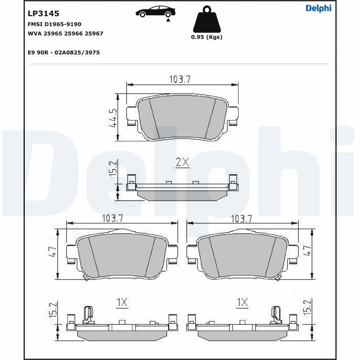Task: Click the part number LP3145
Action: coord(44,14)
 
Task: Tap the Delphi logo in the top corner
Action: coord(318,8)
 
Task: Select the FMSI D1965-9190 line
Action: coord(54,24)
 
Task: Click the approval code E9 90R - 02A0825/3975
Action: coord(63,53)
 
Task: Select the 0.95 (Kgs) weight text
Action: coord(207,37)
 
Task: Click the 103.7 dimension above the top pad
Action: coord(180,79)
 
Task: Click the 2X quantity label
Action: coord(182,162)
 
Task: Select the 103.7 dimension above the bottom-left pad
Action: coord(112,218)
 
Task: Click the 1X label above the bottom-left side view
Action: coord(122,303)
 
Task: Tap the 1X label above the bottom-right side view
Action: coord(242,303)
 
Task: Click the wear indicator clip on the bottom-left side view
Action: coord(89,314)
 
